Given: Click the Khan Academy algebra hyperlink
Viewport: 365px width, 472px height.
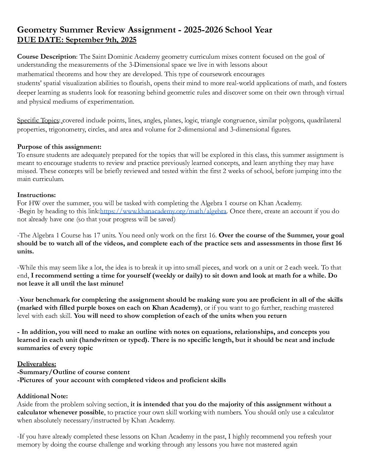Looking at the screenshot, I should coord(163,211).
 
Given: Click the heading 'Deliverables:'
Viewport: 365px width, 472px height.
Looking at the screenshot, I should coord(37,364).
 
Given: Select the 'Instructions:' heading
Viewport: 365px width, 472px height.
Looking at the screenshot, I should coord(37,195).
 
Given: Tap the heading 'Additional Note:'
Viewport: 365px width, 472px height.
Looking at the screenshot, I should coord(42,396).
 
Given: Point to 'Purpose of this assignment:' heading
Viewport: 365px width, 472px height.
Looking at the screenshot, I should coord(59,146).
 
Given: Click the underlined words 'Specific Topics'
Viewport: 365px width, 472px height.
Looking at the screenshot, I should coord(38,120).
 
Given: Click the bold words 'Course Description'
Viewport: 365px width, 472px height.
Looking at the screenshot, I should coord(47,57).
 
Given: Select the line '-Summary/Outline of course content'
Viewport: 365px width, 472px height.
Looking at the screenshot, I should coord(73,372).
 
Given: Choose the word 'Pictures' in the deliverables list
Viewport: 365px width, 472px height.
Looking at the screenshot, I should coord(32,380).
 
